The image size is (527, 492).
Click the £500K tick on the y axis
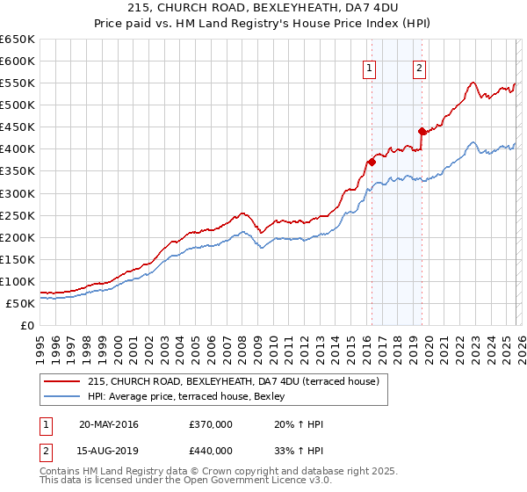coord(18,105)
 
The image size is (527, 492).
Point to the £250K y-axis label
coord(18,215)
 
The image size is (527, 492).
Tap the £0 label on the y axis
coord(27,325)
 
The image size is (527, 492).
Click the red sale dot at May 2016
coord(372,162)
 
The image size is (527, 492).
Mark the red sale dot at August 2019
coord(422,131)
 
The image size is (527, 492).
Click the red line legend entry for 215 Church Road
coord(233,381)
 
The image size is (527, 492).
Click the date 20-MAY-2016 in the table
coord(108,425)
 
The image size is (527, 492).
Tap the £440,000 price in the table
coord(211,451)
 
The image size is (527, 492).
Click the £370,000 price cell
coord(211,425)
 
